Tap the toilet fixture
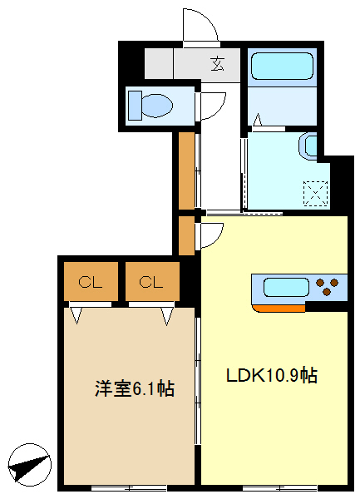[150, 105]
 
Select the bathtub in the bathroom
[281, 67]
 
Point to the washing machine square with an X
[316, 194]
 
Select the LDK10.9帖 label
[271, 375]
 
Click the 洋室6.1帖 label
[134, 388]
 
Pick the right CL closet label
[150, 282]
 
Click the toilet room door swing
[215, 106]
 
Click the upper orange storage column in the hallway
[187, 170]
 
